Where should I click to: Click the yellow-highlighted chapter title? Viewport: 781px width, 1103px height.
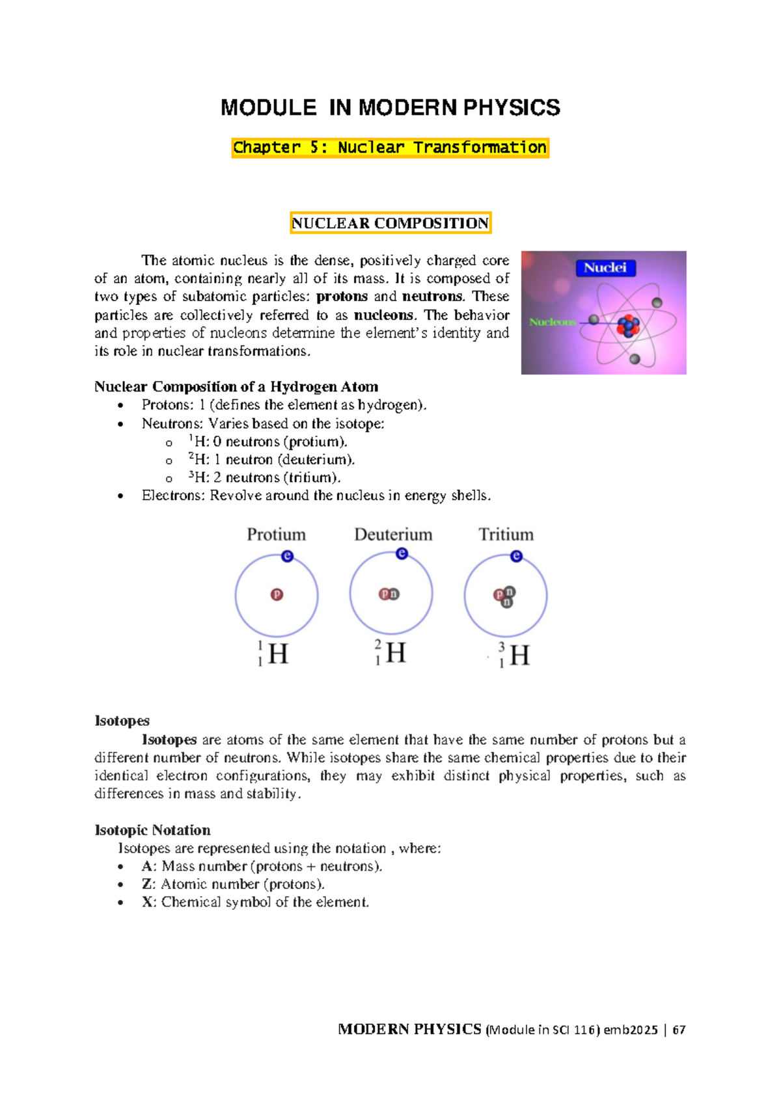390,148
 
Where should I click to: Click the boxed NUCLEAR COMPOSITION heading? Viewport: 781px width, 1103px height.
390,223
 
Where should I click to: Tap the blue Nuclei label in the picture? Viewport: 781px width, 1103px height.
605,268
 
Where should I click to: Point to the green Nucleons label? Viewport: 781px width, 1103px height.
553,322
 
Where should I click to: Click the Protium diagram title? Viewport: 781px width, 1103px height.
276,535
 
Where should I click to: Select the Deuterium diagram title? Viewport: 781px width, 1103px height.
393,535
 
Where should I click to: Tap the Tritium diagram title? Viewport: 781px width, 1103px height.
506,535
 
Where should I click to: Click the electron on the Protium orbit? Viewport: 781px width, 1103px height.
287,556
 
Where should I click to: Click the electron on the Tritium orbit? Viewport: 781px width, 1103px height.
516,556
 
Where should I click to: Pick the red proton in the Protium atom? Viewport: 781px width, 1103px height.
277,594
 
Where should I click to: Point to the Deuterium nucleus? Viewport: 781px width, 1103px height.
389,594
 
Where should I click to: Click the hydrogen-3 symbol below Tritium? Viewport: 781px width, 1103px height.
514,655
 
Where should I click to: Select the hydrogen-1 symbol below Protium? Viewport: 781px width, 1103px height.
273,654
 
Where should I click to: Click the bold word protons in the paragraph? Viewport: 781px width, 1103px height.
342,297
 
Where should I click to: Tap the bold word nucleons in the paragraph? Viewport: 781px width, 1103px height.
383,315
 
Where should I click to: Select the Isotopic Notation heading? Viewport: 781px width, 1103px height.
152,831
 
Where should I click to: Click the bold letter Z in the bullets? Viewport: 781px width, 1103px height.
146,884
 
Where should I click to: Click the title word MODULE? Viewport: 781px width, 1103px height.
268,108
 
